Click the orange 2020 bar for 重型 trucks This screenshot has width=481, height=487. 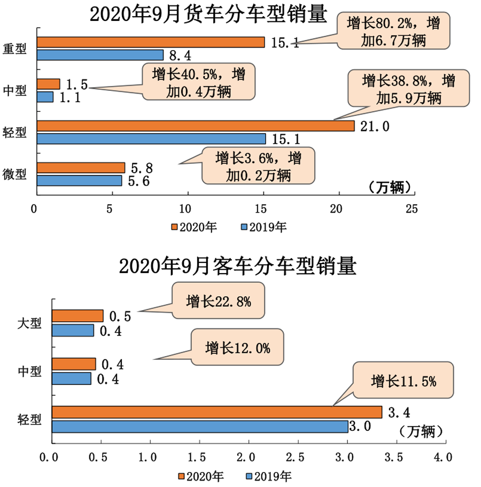[151, 42]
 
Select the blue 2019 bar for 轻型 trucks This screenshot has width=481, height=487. [151, 138]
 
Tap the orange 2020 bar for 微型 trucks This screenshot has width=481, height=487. [80, 168]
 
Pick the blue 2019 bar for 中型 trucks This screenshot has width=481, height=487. [45, 97]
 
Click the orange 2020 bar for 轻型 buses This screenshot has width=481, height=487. [216, 412]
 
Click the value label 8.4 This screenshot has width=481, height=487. [180, 55]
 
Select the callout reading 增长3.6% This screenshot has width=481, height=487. [258, 166]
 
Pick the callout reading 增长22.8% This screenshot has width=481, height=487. [219, 302]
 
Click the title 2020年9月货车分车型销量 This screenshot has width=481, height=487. [207, 14]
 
